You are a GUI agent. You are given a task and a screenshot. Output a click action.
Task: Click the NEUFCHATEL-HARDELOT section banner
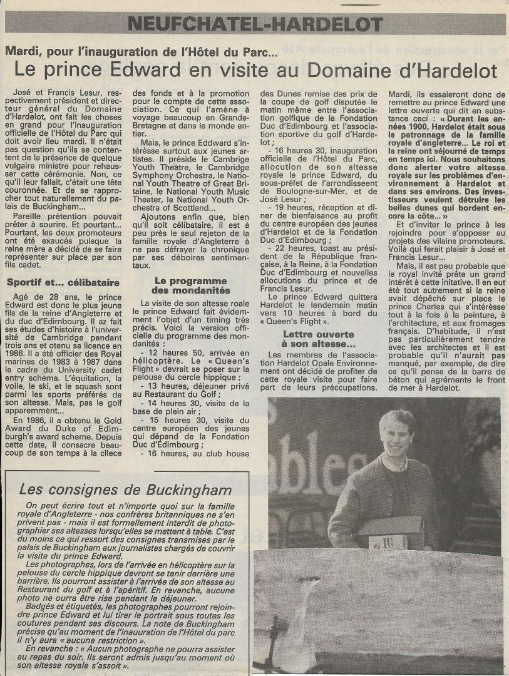click(x=254, y=25)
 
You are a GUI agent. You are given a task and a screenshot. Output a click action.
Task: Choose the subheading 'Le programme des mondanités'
click(x=192, y=285)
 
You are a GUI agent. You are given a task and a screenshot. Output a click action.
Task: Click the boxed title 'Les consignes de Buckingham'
click(x=125, y=489)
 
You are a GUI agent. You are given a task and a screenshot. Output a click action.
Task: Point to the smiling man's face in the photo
click(x=398, y=436)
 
